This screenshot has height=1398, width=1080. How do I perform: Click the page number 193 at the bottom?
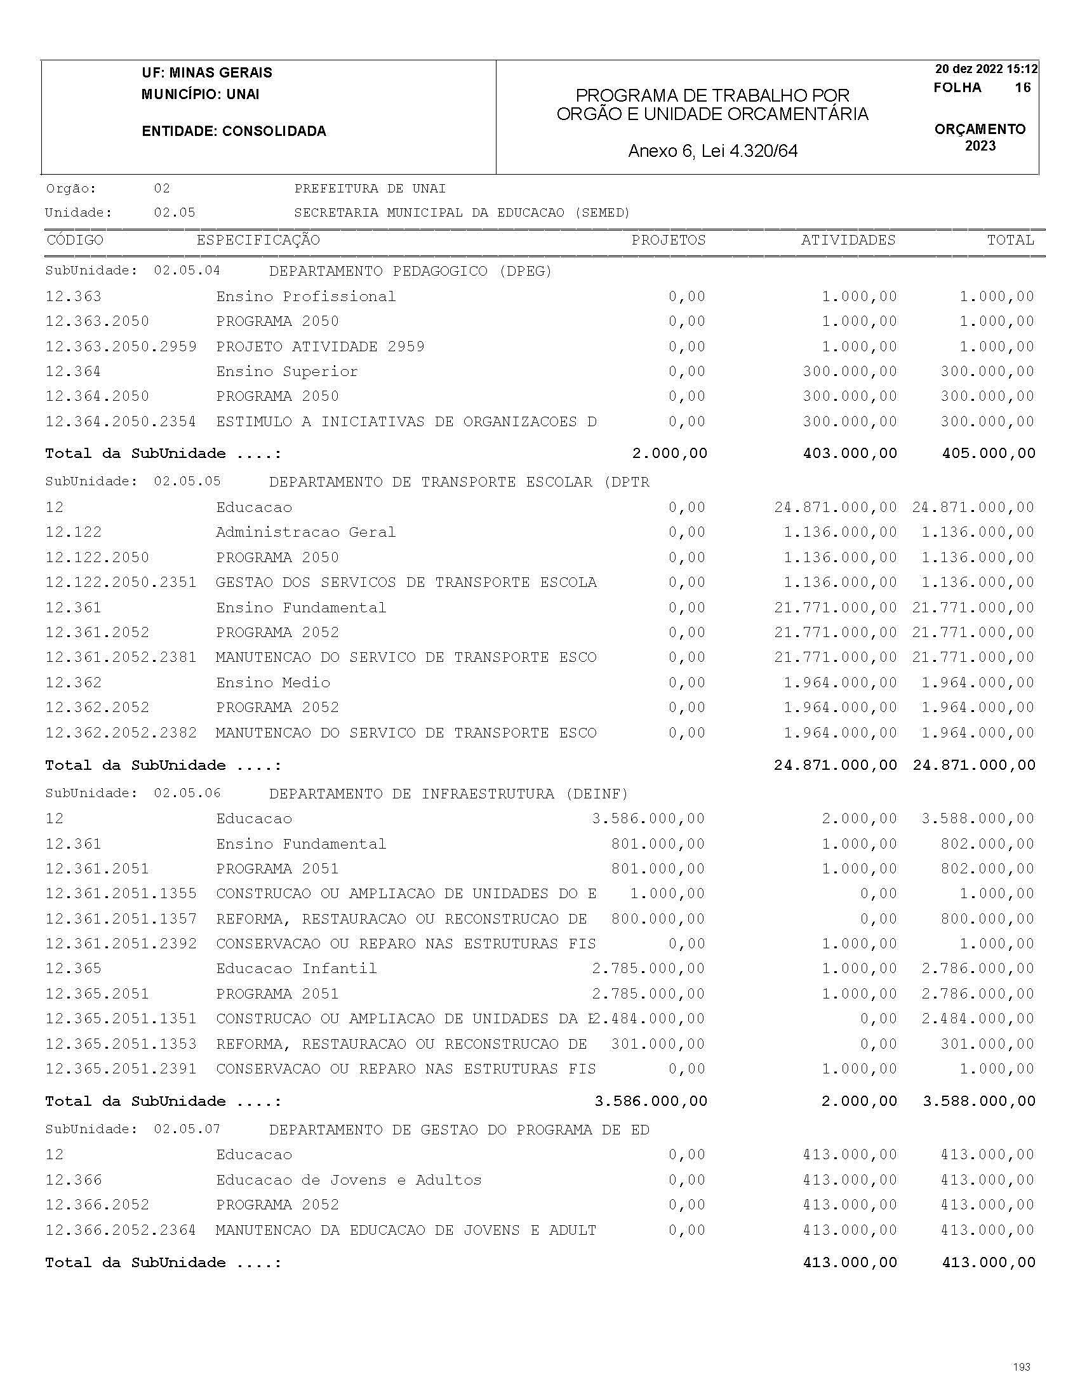[x=1022, y=1367]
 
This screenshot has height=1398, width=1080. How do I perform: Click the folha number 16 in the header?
[x=1022, y=88]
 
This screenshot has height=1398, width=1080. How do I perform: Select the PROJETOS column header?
[x=668, y=240]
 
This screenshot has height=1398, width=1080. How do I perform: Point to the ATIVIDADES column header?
[x=848, y=240]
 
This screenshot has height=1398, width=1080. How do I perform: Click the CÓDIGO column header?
[x=75, y=240]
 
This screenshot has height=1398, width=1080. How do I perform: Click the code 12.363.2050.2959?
[x=121, y=347]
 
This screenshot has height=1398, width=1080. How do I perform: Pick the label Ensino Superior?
[x=286, y=372]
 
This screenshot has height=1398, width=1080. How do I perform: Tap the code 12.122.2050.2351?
[x=121, y=582]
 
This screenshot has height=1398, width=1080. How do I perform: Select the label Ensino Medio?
[x=272, y=683]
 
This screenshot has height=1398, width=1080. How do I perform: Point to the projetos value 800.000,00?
[x=658, y=919]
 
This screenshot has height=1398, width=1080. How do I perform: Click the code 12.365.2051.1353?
[x=121, y=1044]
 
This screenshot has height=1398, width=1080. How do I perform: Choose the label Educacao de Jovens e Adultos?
[x=349, y=1180]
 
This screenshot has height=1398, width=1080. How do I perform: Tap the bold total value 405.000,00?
[x=989, y=454]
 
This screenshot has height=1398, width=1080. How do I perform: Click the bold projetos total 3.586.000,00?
[x=651, y=1101]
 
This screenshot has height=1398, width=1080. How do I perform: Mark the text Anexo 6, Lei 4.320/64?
[x=713, y=151]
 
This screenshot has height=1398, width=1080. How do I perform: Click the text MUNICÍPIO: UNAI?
[x=200, y=95]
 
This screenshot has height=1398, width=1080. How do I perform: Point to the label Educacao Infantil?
[x=297, y=969]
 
